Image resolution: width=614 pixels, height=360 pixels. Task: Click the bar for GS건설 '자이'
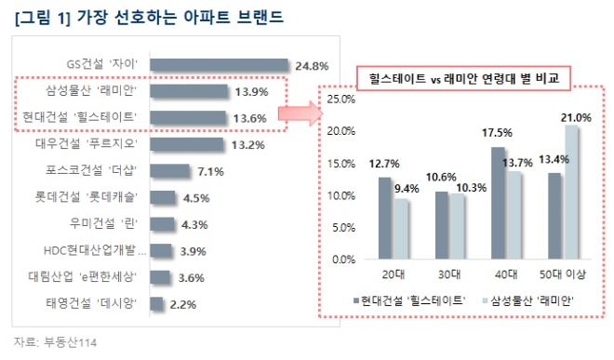coord(219,64)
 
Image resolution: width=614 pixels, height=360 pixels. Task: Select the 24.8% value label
coord(313,65)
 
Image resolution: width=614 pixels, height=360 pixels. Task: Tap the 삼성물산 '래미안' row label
coord(99,90)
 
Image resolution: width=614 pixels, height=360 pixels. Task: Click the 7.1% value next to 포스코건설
coord(211,171)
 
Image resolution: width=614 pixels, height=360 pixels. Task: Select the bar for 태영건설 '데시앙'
coord(156,304)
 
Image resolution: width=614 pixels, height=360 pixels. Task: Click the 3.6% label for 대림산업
coord(192,277)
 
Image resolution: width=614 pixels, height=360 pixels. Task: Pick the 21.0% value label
coord(577,117)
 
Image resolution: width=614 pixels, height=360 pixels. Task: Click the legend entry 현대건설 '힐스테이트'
coord(409,300)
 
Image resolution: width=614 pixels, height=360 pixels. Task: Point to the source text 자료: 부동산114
coord(55,341)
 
